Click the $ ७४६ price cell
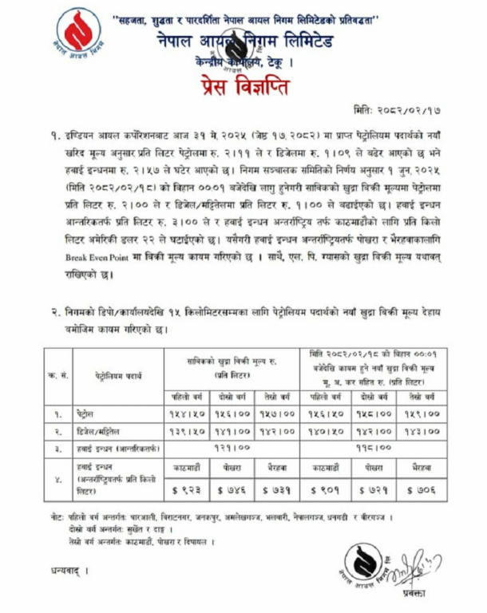click(x=233, y=487)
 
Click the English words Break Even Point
click(x=97, y=259)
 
